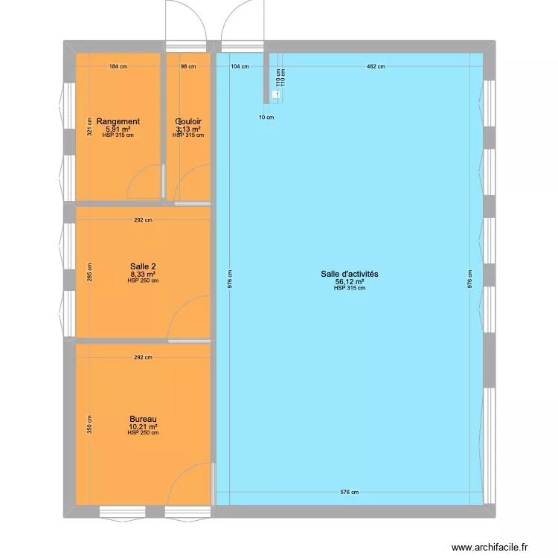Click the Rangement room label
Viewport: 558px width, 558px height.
pyautogui.click(x=118, y=121)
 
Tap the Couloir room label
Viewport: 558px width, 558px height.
pyautogui.click(x=188, y=121)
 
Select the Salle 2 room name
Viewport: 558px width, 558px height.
pyautogui.click(x=142, y=266)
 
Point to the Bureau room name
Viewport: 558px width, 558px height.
pyautogui.click(x=143, y=420)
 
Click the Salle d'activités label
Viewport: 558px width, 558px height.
pyautogui.click(x=350, y=275)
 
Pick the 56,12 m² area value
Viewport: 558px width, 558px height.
pyautogui.click(x=350, y=282)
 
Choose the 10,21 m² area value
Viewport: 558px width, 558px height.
pyautogui.click(x=143, y=427)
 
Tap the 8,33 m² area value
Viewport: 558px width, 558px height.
pyautogui.click(x=143, y=274)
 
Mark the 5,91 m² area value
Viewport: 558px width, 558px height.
pyautogui.click(x=118, y=129)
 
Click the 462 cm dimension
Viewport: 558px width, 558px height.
pyautogui.click(x=376, y=67)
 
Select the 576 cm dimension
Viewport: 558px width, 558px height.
pyautogui.click(x=350, y=493)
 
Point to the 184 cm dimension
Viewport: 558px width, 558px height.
pyautogui.click(x=118, y=67)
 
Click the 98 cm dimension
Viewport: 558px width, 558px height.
pyautogui.click(x=188, y=67)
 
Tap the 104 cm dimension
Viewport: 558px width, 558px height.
pyautogui.click(x=240, y=67)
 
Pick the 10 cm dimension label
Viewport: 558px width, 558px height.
pyautogui.click(x=266, y=118)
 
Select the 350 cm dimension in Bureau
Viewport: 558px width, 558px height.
pyautogui.click(x=89, y=424)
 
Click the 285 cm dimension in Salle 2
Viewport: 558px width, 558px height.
pyautogui.click(x=89, y=273)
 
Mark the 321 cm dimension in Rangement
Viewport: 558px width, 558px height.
pyautogui.click(x=89, y=128)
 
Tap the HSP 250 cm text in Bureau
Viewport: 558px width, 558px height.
pyautogui.click(x=143, y=433)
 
